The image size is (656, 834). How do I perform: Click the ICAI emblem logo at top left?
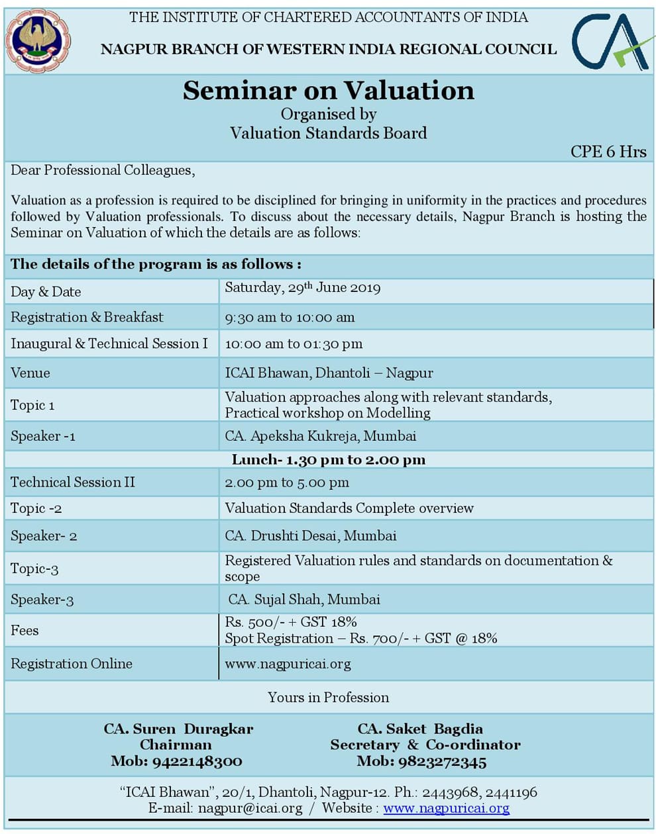pos(38,40)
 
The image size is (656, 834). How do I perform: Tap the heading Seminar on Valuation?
pos(329,91)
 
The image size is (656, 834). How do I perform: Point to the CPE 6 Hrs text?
pos(608,152)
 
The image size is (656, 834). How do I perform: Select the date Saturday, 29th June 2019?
pos(302,288)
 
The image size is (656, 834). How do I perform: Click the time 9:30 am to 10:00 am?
pos(290,318)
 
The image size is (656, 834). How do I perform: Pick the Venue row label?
pos(30,373)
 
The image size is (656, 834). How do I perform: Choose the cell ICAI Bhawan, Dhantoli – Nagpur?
pos(329,373)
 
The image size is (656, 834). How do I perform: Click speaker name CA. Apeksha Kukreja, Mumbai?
pos(321,436)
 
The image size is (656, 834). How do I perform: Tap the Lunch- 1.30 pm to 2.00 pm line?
pos(329,460)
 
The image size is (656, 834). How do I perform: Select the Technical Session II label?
pos(73,483)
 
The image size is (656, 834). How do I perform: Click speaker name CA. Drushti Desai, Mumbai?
pos(311,536)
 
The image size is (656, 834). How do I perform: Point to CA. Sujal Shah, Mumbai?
pos(304,600)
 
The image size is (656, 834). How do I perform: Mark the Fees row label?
pos(25,631)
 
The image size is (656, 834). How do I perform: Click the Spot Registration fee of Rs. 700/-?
pos(361,639)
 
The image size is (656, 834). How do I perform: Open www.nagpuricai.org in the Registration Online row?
pos(288,664)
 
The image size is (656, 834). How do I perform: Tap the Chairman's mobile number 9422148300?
pos(197,761)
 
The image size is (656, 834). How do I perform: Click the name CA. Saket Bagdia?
pos(420,729)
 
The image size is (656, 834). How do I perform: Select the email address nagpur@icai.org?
pos(250,808)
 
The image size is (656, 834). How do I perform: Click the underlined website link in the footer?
pos(446,808)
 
